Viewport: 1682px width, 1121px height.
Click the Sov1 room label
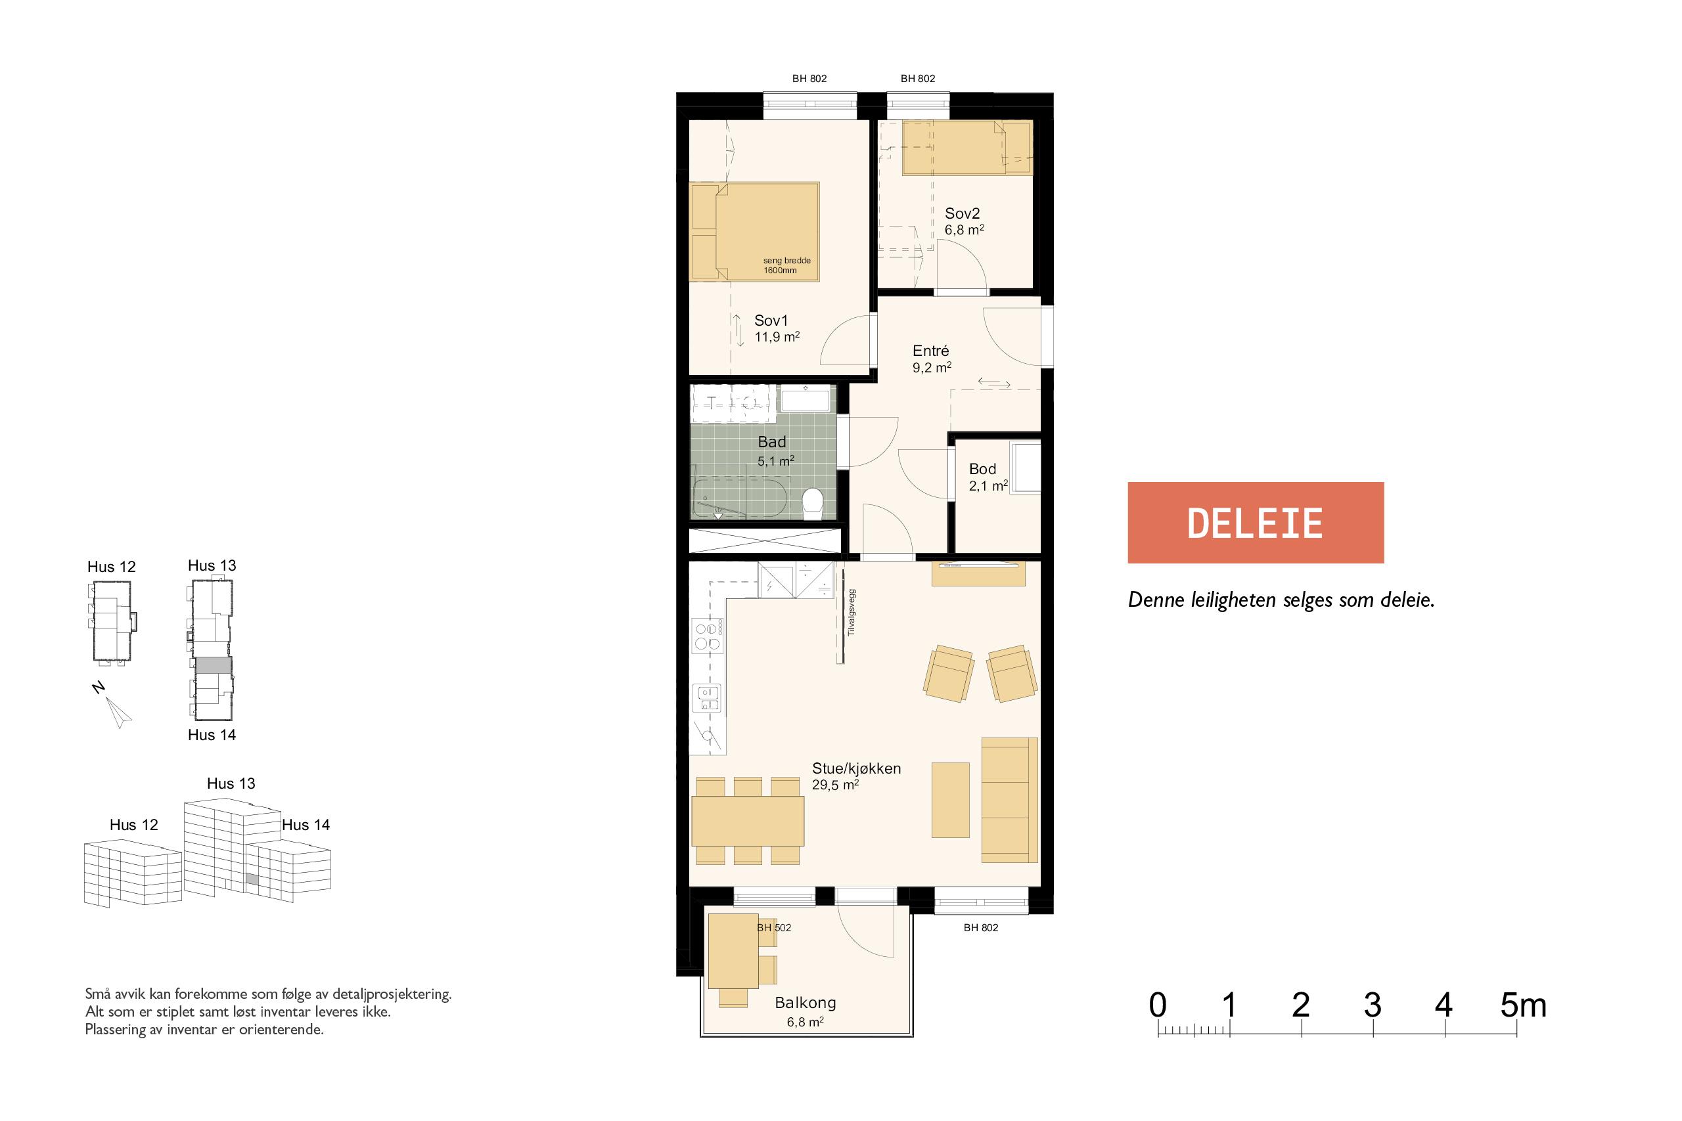pyautogui.click(x=771, y=321)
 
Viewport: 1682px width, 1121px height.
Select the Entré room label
pyautogui.click(x=930, y=351)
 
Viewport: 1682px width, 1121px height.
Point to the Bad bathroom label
pyautogui.click(x=771, y=443)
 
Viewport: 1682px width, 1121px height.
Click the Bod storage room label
pyautogui.click(x=982, y=469)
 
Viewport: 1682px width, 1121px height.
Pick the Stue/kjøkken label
pyautogui.click(x=856, y=768)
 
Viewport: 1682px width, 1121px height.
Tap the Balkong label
pyautogui.click(x=806, y=1003)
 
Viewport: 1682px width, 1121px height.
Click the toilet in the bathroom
pyautogui.click(x=812, y=502)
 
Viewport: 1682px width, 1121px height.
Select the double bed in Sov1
pyautogui.click(x=754, y=231)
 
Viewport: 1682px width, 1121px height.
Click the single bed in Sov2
pyautogui.click(x=967, y=148)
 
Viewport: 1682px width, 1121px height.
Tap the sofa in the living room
pyautogui.click(x=1009, y=800)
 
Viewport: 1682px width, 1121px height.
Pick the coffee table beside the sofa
pyautogui.click(x=951, y=800)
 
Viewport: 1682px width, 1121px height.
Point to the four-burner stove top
pyautogui.click(x=706, y=636)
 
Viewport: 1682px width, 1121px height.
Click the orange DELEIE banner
pyautogui.click(x=1255, y=523)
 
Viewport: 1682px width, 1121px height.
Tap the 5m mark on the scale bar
pyautogui.click(x=1523, y=1005)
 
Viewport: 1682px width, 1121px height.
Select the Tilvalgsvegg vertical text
pyautogui.click(x=851, y=613)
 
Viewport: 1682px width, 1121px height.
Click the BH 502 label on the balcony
pyautogui.click(x=774, y=928)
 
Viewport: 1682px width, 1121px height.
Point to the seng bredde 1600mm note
pyautogui.click(x=786, y=266)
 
